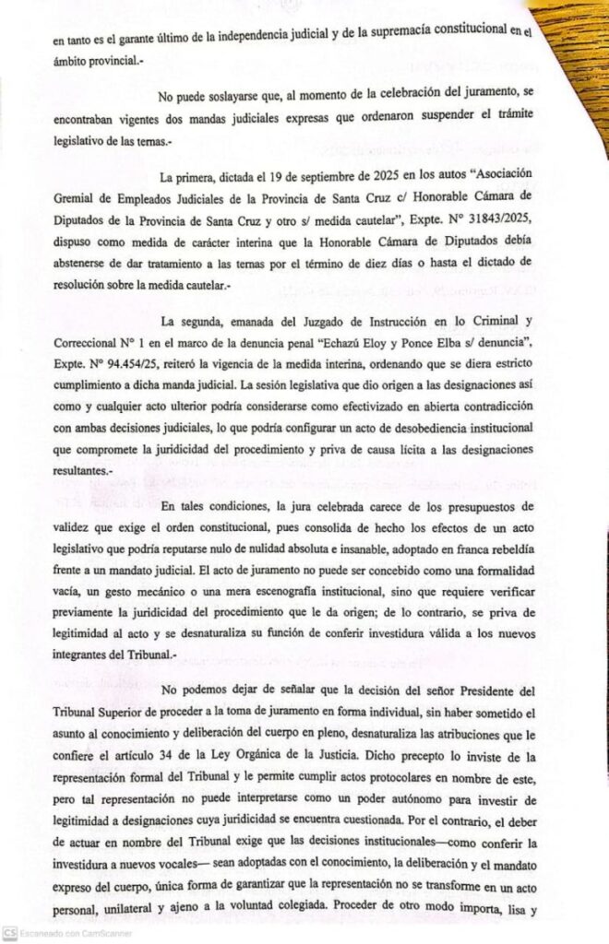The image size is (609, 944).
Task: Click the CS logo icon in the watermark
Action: click(x=9, y=933)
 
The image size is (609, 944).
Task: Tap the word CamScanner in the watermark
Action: click(x=105, y=934)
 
